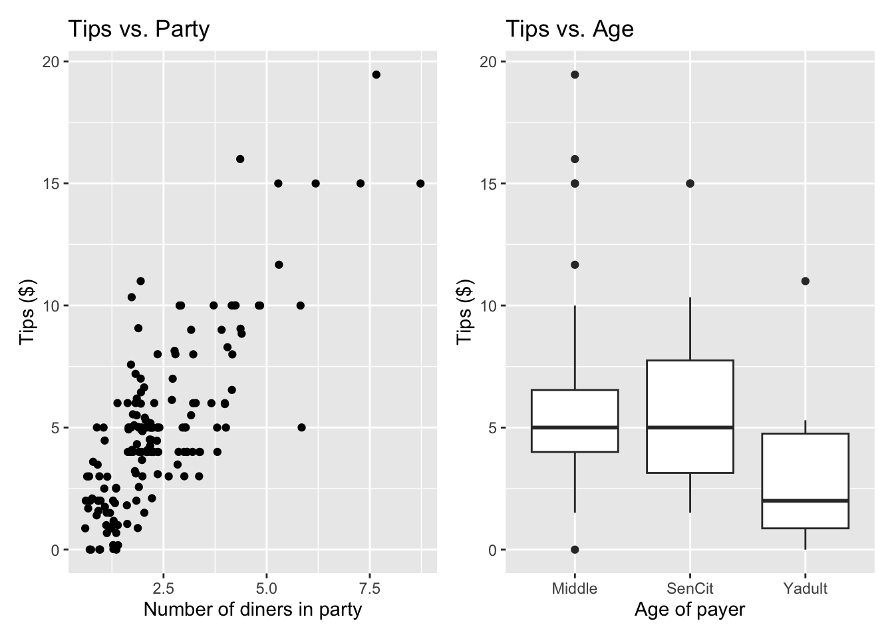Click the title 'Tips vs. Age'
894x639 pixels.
tap(569, 29)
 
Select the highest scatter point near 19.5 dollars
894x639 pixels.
tap(376, 75)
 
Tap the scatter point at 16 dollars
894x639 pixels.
tap(240, 159)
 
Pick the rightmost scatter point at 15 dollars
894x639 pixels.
tap(420, 183)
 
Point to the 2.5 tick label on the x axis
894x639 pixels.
tap(163, 588)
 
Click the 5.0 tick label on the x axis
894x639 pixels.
tap(266, 588)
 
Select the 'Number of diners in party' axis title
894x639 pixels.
tap(253, 610)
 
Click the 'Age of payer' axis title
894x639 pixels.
tap(690, 610)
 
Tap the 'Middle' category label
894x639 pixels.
tap(575, 588)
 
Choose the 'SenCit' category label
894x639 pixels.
tap(690, 588)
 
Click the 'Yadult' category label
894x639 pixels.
tap(806, 588)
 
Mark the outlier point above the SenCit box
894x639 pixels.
tap(690, 183)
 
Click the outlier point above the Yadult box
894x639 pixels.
tap(806, 281)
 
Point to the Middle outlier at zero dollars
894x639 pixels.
tap(575, 550)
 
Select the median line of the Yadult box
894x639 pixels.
tap(806, 501)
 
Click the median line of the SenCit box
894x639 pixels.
tap(690, 427)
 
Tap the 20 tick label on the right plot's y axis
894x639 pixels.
tap(488, 62)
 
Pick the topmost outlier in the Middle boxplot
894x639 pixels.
tap(575, 75)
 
